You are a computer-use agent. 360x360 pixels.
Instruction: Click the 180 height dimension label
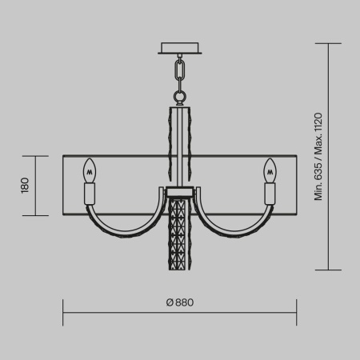pos(25,186)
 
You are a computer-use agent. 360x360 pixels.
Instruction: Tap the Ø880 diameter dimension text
pos(180,302)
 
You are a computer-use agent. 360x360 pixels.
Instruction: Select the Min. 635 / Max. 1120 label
pos(318,157)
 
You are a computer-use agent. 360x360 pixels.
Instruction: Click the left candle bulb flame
pos(90,170)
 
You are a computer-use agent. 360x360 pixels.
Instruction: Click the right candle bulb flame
pos(270,170)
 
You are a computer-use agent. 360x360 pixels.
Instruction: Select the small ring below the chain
pos(180,98)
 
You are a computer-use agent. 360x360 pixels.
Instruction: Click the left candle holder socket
pos(90,194)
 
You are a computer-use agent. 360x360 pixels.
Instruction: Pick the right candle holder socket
pos(270,194)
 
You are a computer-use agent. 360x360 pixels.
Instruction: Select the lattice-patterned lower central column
pos(180,236)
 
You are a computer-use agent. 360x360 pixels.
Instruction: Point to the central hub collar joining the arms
pos(180,193)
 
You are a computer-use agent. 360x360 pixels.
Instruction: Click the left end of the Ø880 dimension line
pos(63,313)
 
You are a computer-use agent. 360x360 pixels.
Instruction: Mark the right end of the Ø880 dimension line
pos(297,313)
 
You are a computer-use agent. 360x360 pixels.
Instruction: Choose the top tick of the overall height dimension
pos(330,44)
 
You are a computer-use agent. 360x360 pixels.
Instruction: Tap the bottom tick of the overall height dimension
pos(330,270)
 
